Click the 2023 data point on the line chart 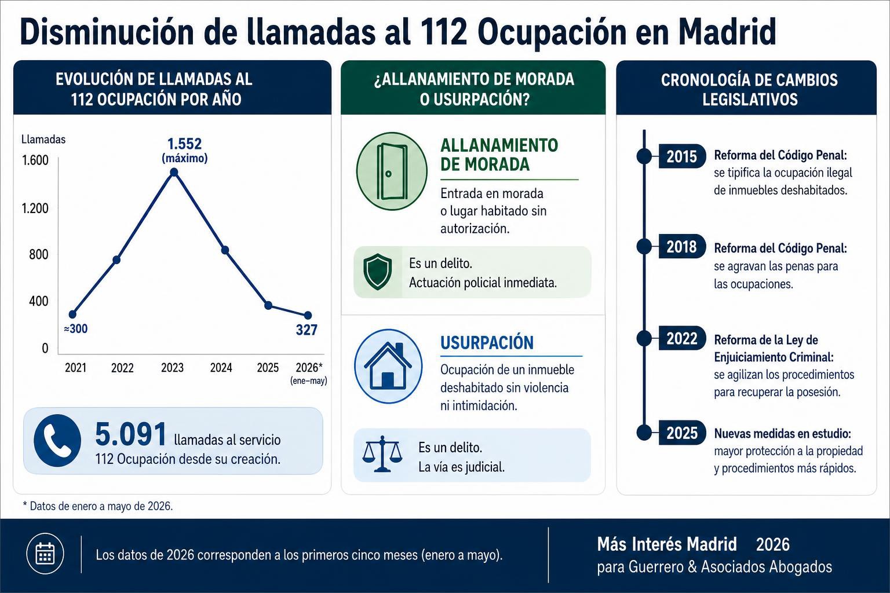coord(174,172)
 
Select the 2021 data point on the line coord(72,314)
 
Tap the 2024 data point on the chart coord(225,250)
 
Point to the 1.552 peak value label coord(184,144)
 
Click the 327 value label coord(307,330)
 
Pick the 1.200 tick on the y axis coord(35,208)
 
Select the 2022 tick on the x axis coord(122,368)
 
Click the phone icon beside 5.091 coord(57,440)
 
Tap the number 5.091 coord(131,434)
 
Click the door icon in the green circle coord(392,171)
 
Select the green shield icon coord(377,272)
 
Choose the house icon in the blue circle coord(388,366)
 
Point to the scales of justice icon coord(382,454)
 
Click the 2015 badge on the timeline coord(682,156)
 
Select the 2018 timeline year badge coord(682,247)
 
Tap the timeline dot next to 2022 coord(644,338)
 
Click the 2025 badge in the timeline coord(682,433)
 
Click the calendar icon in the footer coord(45,553)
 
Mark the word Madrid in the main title coord(727,32)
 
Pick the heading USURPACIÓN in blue coord(487,342)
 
